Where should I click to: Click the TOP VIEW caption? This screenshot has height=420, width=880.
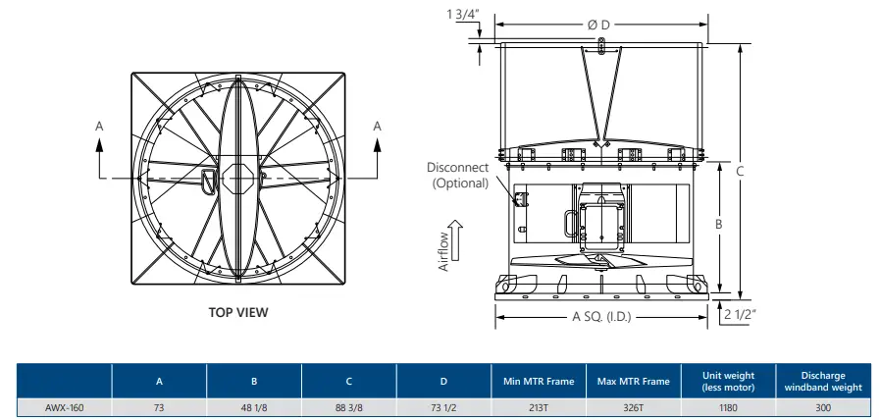pos(237,313)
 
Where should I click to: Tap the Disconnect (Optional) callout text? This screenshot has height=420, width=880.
pos(457,176)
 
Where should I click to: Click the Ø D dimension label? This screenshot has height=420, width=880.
pos(597,24)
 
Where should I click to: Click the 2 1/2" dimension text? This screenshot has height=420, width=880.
pos(742,315)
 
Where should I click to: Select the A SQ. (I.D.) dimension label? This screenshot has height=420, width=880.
pos(600,316)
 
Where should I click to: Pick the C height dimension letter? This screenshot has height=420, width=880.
pos(741,171)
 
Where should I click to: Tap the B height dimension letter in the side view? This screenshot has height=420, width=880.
pos(718,224)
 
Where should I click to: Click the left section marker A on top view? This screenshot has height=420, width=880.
pos(99,127)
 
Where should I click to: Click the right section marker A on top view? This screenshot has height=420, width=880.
pos(378,126)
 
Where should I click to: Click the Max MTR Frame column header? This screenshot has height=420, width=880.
pos(632,380)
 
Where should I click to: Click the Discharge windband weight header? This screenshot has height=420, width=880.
pos(822,380)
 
